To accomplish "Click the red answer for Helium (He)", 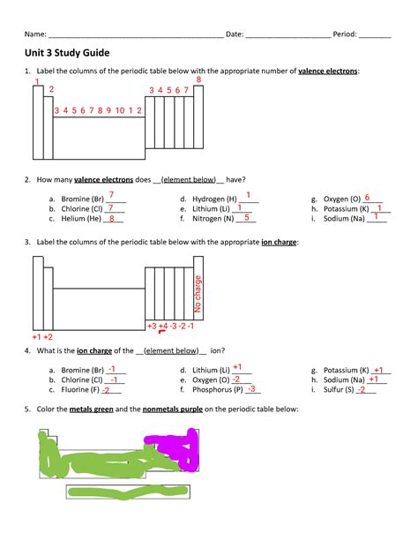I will click(112, 218).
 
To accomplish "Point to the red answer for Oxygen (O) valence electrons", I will click(366, 198).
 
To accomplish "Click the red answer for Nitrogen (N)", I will click(247, 218).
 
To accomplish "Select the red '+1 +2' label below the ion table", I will click(41, 337).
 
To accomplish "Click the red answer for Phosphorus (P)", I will click(251, 389).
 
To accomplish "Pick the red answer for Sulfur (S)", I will click(360, 389).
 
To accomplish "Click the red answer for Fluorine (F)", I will click(107, 390).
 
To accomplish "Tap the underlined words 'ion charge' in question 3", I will click(279, 242).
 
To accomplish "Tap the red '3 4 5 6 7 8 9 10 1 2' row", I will click(98, 111).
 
